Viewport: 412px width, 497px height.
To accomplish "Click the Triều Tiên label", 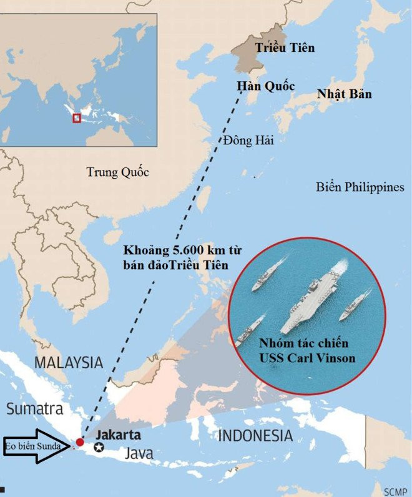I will click(x=286, y=47).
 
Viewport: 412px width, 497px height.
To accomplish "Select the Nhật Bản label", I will click(x=344, y=94).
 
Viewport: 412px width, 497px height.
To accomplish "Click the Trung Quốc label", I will click(x=117, y=172).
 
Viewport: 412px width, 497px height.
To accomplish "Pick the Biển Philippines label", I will click(x=360, y=187).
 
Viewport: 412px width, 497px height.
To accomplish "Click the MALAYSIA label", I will click(x=68, y=362).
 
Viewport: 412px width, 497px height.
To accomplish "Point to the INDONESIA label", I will click(x=255, y=435).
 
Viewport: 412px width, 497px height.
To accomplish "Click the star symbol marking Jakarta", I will click(x=99, y=446).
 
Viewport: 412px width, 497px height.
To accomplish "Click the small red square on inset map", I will click(x=76, y=117).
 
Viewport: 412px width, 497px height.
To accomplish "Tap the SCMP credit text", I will click(x=396, y=488).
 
